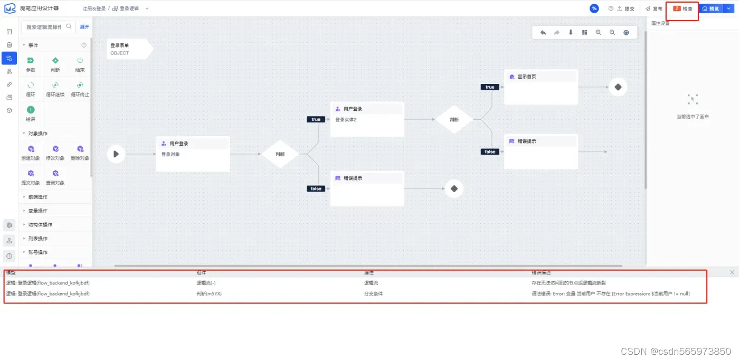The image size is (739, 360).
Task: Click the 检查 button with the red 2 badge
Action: [x=683, y=9]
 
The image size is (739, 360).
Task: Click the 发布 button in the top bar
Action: [x=654, y=9]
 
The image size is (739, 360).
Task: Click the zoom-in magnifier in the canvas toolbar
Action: [x=599, y=33]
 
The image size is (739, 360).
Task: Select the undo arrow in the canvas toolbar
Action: [x=543, y=33]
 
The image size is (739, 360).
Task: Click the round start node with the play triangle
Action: [x=116, y=154]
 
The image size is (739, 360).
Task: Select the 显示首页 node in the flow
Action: [x=541, y=86]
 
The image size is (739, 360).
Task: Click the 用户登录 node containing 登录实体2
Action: [x=367, y=119]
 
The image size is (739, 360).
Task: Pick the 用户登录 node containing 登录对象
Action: [x=193, y=154]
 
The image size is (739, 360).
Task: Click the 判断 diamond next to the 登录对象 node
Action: [x=280, y=154]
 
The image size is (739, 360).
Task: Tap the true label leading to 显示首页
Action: [x=490, y=87]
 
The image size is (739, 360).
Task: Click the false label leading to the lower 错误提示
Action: [x=316, y=188]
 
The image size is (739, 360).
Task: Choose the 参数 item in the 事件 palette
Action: [x=31, y=64]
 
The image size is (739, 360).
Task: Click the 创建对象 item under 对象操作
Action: [x=31, y=153]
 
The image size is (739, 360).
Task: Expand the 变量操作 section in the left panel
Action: [x=38, y=211]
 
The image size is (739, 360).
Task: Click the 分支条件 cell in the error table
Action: [x=373, y=293]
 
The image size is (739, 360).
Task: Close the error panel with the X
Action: [x=732, y=272]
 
